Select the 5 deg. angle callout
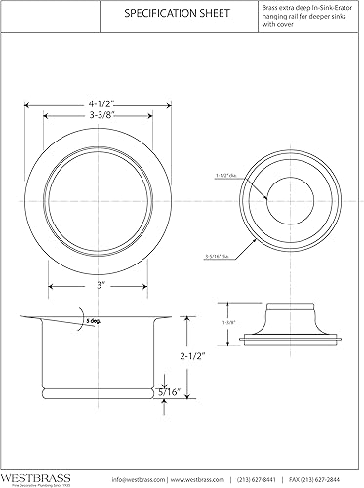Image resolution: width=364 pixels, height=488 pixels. tap(93, 321)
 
